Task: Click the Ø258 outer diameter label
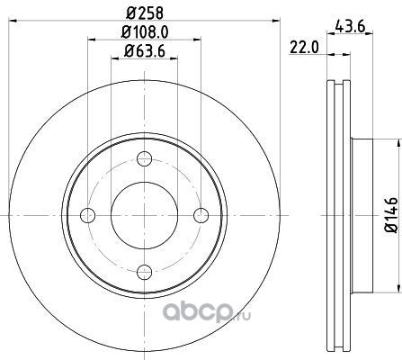(145, 13)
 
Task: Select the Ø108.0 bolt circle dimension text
(145, 31)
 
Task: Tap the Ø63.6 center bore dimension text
(145, 51)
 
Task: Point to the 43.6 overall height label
(350, 27)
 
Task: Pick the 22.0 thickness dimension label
(304, 48)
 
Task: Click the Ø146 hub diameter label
(391, 215)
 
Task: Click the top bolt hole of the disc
(145, 158)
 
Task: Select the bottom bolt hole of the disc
(145, 272)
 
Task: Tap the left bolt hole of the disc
(88, 215)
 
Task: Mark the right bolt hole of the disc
(201, 215)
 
